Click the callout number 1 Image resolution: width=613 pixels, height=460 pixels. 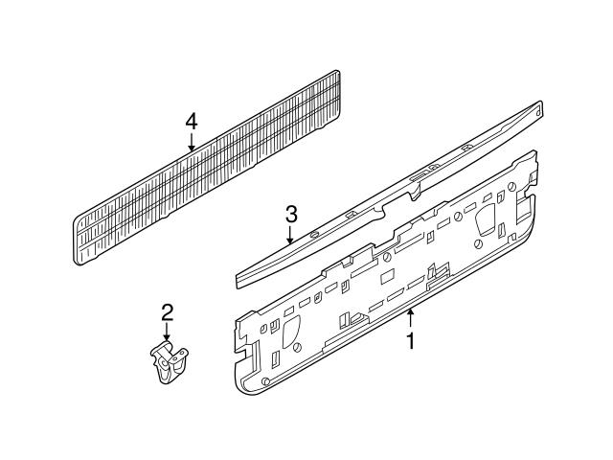coord(411,342)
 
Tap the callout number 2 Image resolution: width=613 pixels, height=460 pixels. coord(167,311)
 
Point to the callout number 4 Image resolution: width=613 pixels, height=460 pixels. coord(191,121)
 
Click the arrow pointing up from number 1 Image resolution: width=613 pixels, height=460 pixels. coord(411,319)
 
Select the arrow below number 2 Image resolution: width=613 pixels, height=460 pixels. coord(167,331)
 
